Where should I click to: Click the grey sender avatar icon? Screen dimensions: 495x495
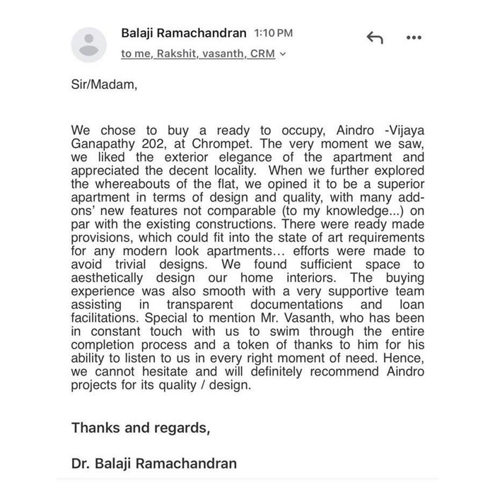click(88, 43)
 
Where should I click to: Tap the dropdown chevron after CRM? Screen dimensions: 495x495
click(283, 54)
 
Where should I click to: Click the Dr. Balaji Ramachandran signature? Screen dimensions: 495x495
click(154, 465)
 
